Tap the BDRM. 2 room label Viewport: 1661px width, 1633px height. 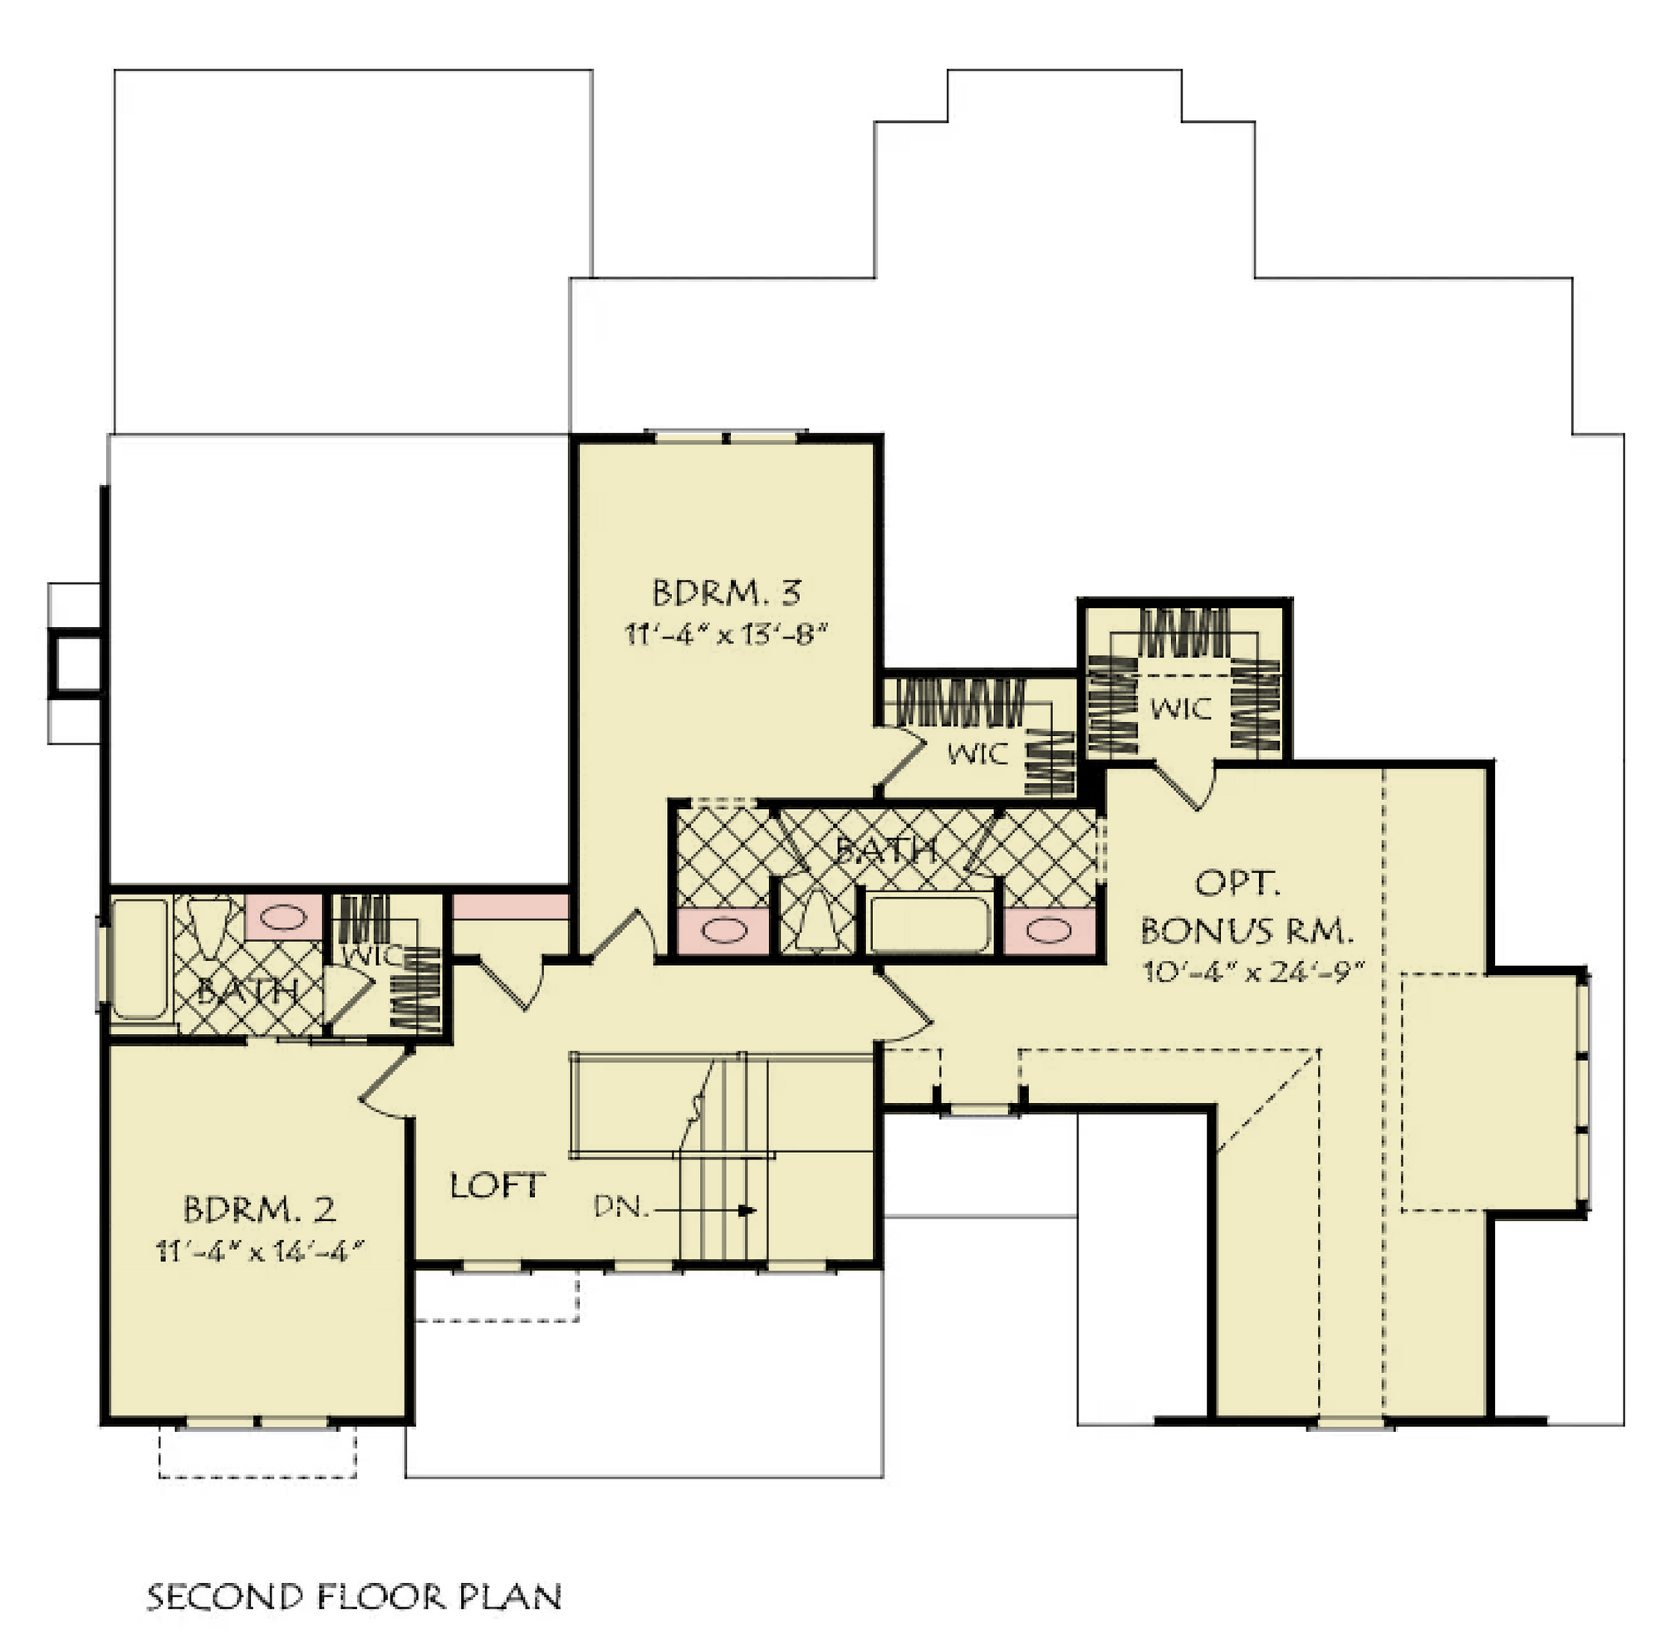(x=259, y=1209)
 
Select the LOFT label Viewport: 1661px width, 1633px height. (x=497, y=1186)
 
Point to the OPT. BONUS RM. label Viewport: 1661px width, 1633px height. (x=1247, y=906)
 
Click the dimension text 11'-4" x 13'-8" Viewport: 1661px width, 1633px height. (x=727, y=635)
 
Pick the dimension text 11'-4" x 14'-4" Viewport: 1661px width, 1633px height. (x=260, y=1252)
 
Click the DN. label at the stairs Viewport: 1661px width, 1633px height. (x=621, y=1208)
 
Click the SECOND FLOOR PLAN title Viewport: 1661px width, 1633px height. (x=354, y=1597)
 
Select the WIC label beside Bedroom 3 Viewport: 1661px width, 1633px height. (x=977, y=754)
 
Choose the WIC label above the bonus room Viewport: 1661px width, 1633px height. (x=1181, y=709)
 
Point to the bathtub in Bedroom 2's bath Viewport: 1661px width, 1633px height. (x=140, y=959)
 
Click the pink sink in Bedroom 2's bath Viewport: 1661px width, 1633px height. (x=284, y=917)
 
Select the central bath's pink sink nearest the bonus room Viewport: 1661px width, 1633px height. (x=1050, y=930)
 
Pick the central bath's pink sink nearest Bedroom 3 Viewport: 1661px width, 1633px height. (x=724, y=930)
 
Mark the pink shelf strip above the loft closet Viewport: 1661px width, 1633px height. (x=510, y=906)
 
